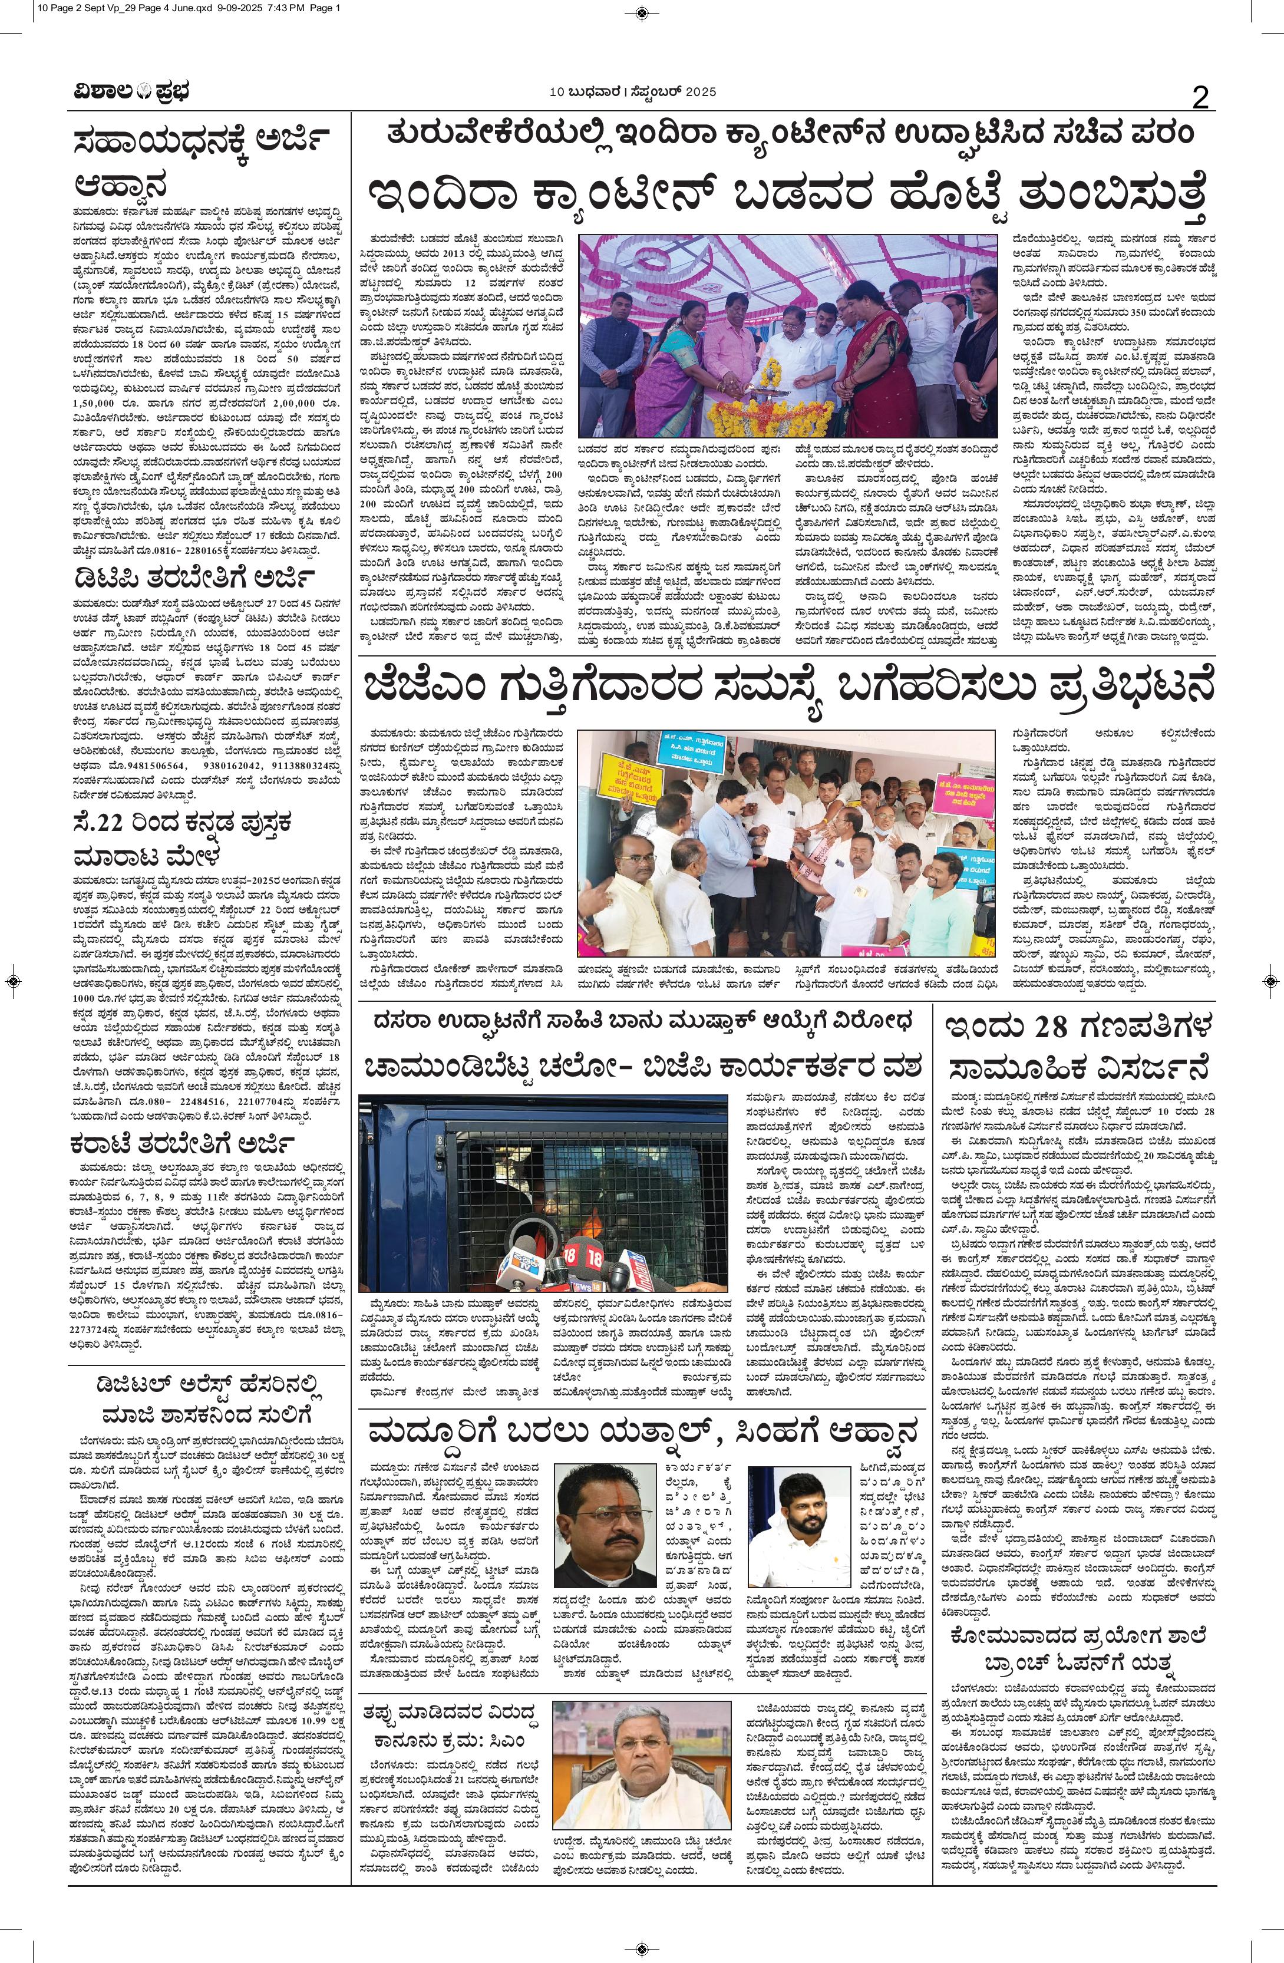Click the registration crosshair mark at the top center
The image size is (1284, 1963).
coord(642,12)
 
